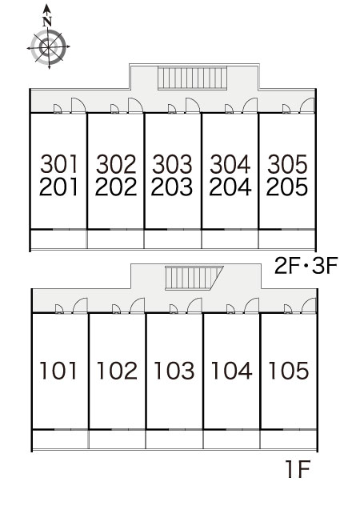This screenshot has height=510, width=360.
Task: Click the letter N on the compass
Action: pyautogui.click(x=47, y=22)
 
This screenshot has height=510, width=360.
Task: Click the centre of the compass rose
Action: pyautogui.click(x=49, y=47)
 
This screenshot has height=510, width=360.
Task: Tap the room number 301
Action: pyautogui.click(x=59, y=164)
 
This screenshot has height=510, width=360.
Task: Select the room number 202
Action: pyautogui.click(x=116, y=187)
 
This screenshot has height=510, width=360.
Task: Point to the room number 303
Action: pyautogui.click(x=173, y=164)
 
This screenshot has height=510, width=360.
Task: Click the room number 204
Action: pyautogui.click(x=230, y=187)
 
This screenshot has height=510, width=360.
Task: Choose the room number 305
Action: pyautogui.click(x=287, y=164)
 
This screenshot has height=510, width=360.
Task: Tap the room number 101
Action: pyautogui.click(x=58, y=371)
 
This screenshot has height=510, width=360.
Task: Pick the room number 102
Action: pyautogui.click(x=117, y=371)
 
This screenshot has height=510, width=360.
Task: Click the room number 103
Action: pyautogui.click(x=174, y=371)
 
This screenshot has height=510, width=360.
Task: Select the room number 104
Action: pyautogui.click(x=231, y=371)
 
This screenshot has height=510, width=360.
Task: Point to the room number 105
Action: pyautogui.click(x=289, y=371)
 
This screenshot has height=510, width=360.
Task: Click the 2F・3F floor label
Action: pyautogui.click(x=306, y=266)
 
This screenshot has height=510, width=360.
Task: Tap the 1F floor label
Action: pyautogui.click(x=298, y=469)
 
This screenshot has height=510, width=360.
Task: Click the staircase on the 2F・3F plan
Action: pyautogui.click(x=192, y=78)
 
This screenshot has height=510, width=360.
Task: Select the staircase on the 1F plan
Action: pyautogui.click(x=194, y=278)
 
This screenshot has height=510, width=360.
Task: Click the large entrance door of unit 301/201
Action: pyautogui.click(x=78, y=106)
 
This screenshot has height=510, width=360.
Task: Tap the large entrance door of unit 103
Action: pyautogui.click(x=194, y=306)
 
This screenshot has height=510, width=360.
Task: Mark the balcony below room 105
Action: pyautogui.click(x=288, y=440)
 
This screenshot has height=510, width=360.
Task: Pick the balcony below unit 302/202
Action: pyautogui.click(x=116, y=239)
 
